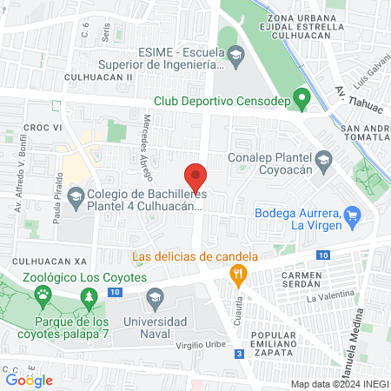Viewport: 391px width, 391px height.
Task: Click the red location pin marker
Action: pyautogui.click(x=196, y=177)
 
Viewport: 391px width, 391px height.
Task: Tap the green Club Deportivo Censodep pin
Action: pyautogui.click(x=302, y=99)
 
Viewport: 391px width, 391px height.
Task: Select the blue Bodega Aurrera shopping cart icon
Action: pyautogui.click(x=352, y=215)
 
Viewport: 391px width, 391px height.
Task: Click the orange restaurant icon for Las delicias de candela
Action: pyautogui.click(x=237, y=276)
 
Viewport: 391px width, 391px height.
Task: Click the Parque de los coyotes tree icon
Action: pyautogui.click(x=89, y=299)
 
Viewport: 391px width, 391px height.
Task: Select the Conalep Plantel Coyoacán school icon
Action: pyautogui.click(x=323, y=159)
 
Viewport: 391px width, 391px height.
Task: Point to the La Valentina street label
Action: pyautogui.click(x=331, y=297)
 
